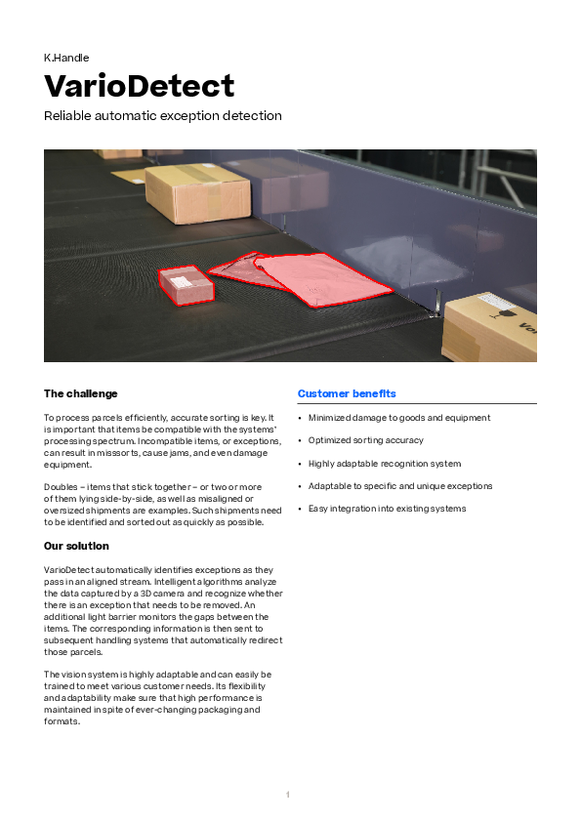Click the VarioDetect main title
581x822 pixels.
[139, 86]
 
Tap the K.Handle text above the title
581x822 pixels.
[66, 58]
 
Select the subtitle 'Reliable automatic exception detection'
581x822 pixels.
[162, 116]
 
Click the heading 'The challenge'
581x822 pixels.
[81, 393]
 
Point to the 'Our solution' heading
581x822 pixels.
[76, 546]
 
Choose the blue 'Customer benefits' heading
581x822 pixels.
[347, 393]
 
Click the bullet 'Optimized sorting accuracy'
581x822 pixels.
[366, 440]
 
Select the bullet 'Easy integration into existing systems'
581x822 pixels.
[387, 509]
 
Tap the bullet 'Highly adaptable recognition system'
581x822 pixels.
[385, 464]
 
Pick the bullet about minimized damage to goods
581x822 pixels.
[399, 418]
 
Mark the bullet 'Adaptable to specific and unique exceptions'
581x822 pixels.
[400, 486]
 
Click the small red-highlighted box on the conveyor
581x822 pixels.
[187, 286]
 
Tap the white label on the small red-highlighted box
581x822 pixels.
[182, 281]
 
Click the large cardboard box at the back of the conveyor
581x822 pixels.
[198, 193]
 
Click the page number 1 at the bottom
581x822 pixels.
[288, 795]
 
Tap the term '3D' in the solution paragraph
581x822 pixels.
[145, 594]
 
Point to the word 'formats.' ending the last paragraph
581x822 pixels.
[62, 721]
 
